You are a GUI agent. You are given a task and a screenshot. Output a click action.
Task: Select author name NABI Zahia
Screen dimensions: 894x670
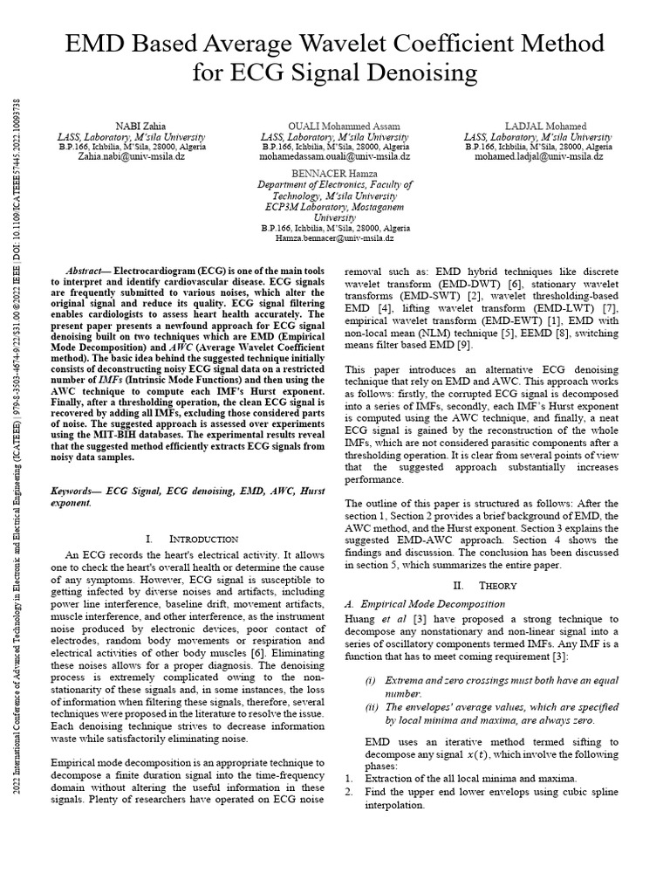(x=132, y=127)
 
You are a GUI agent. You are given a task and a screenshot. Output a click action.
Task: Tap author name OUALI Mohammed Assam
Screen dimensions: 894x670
(x=334, y=127)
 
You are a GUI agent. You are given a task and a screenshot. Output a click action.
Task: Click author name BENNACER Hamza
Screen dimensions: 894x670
(x=334, y=175)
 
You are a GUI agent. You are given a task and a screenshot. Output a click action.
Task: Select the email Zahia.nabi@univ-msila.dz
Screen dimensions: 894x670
(x=132, y=157)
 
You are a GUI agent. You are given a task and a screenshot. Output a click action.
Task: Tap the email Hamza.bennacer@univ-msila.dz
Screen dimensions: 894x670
(x=334, y=237)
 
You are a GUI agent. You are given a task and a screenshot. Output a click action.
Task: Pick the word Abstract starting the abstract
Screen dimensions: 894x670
(x=86, y=273)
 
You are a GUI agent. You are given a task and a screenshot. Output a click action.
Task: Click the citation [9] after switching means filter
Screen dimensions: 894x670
(x=464, y=346)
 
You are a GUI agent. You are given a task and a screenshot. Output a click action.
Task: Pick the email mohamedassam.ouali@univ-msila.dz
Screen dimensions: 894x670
(x=334, y=157)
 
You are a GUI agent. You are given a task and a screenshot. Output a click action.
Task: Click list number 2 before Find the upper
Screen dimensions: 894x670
(x=348, y=791)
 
